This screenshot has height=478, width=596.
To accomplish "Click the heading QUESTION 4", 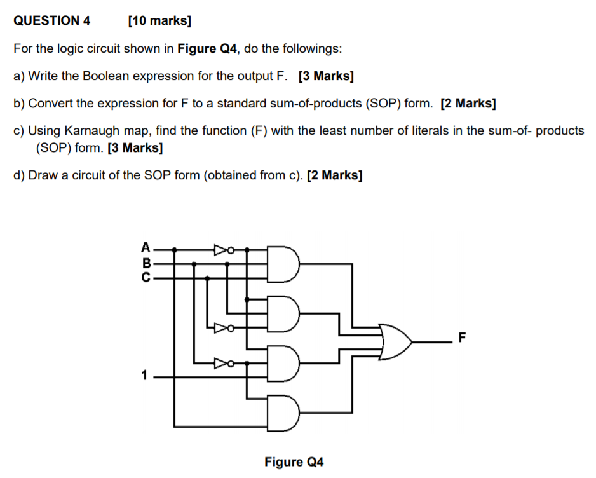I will (52, 20).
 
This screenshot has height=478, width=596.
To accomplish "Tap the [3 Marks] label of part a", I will (326, 76).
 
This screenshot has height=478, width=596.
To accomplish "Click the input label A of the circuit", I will (146, 246).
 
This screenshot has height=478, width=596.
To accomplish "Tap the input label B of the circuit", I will (146, 261).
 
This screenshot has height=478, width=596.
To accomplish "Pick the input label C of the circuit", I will (146, 277).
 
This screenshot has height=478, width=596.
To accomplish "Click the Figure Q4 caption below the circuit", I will (294, 462).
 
